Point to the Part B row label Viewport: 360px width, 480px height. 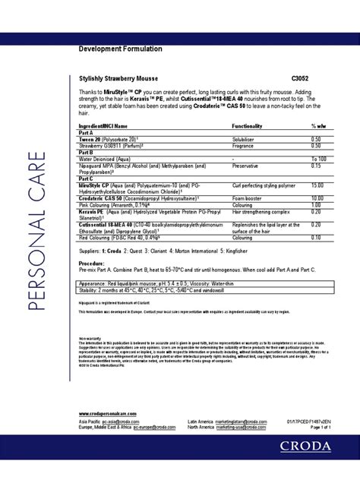coord(87,153)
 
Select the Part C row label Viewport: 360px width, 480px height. coord(87,179)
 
